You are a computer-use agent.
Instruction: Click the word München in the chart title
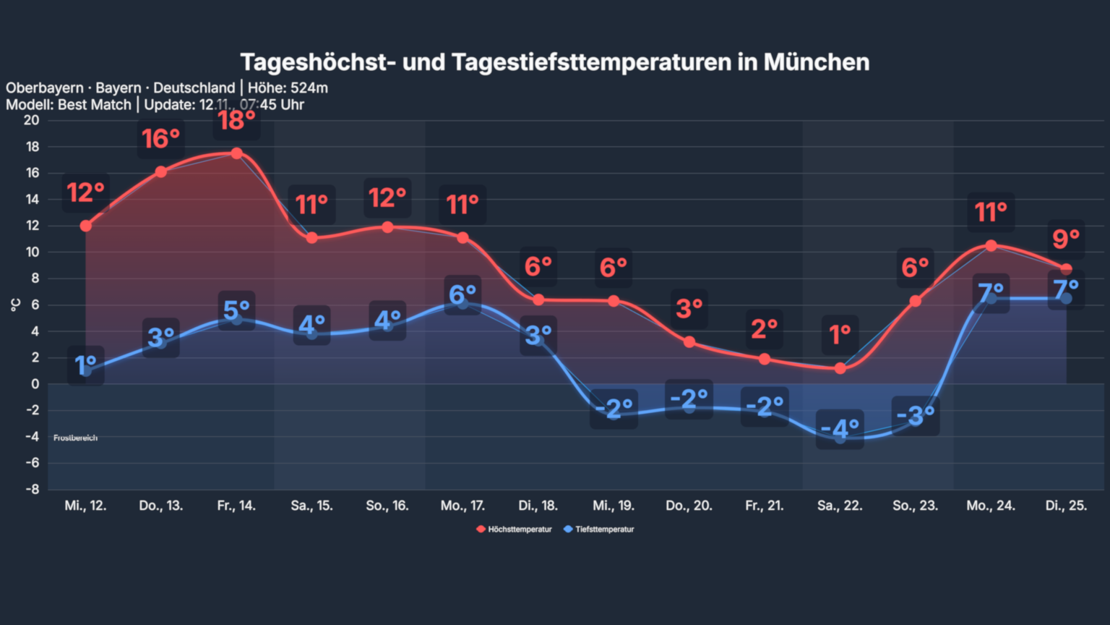click(816, 62)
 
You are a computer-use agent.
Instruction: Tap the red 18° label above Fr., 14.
click(236, 120)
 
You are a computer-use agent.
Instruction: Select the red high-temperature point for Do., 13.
click(161, 172)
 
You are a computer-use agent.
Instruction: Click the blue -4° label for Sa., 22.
click(840, 428)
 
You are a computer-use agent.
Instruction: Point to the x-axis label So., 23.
click(915, 506)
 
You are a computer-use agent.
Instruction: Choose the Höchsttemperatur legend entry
click(515, 530)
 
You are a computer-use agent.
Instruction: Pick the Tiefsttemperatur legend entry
click(600, 530)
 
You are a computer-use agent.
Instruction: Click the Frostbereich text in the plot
click(75, 438)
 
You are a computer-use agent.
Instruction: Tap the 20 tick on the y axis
click(31, 120)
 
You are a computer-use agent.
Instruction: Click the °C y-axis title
click(15, 305)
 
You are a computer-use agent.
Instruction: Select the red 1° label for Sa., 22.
click(840, 335)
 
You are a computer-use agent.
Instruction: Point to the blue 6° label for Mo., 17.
click(462, 294)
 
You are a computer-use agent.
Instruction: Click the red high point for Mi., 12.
click(86, 226)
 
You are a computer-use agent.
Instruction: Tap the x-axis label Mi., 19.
click(614, 506)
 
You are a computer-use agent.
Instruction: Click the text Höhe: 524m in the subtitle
click(288, 88)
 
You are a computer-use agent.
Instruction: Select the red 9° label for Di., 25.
click(1066, 239)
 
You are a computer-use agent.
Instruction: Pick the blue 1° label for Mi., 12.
click(86, 365)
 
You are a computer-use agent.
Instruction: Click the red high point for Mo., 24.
click(991, 246)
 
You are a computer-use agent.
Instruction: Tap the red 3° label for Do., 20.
click(689, 309)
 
